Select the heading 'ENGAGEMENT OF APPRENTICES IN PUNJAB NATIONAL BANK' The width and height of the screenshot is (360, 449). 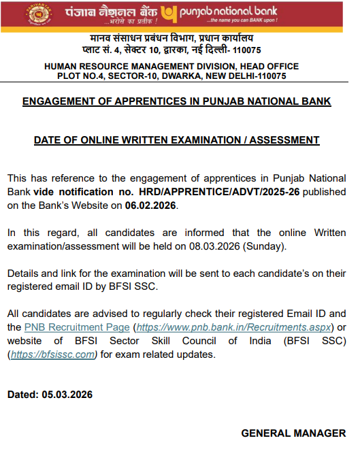[x=176, y=101]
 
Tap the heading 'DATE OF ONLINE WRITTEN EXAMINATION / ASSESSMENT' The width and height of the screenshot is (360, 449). [x=176, y=140]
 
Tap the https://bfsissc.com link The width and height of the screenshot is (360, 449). [x=53, y=354]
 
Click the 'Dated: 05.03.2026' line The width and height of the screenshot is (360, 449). [x=50, y=395]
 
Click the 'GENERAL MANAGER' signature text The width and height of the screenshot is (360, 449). [x=294, y=433]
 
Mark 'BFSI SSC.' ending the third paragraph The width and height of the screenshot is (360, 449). [x=134, y=286]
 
